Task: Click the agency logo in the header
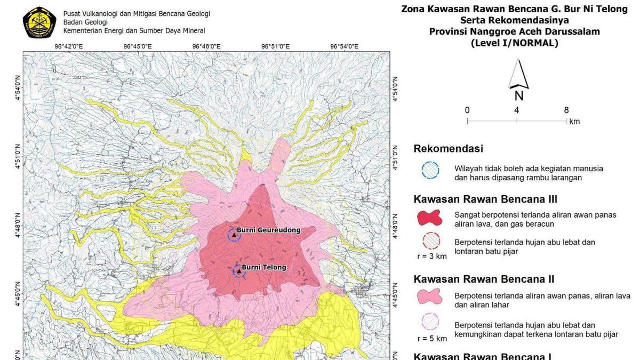coord(40,22)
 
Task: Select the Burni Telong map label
coord(264,267)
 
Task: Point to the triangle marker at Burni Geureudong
coord(234,235)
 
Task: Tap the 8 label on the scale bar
coord(566,110)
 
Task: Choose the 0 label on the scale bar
coord(467,110)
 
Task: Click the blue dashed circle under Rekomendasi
coord(430,170)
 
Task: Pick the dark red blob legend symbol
coord(430,218)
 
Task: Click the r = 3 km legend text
coord(432,256)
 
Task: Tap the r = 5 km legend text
coord(432,339)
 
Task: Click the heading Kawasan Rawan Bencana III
coord(485,199)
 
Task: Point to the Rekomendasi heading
coord(449,149)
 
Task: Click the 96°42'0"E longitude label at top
coord(69,46)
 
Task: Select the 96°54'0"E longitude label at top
coord(344,46)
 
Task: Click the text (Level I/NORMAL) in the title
coord(514,43)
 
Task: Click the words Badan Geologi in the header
coord(85,22)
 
